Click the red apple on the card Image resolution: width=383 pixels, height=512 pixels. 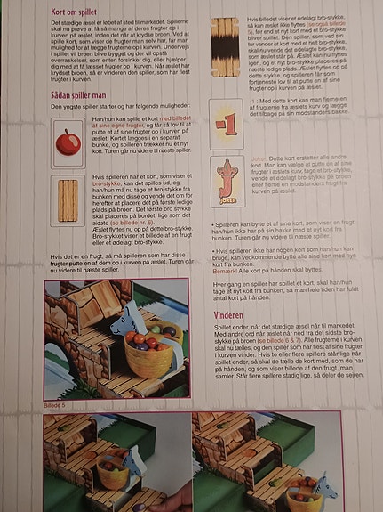[68, 141]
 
